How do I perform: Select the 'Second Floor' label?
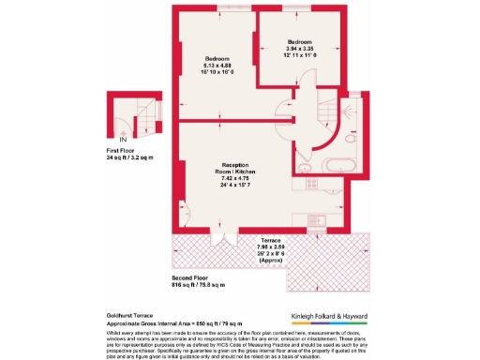tap(192, 277)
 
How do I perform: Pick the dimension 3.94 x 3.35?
tap(300, 49)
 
